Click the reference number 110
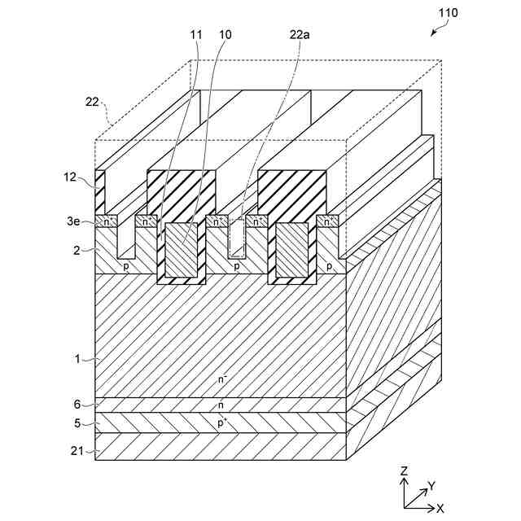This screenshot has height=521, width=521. pos(448,13)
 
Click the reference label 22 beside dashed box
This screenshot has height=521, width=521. pos(91,103)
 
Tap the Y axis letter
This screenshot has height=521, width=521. pos(431,485)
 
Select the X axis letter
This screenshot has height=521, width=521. pos(439,507)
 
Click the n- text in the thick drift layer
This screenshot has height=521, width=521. pos(222,378)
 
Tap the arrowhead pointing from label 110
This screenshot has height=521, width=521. pos(431,33)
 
